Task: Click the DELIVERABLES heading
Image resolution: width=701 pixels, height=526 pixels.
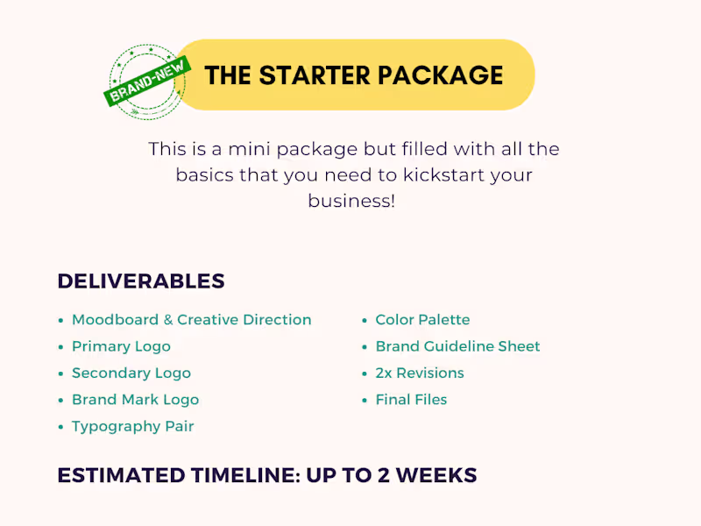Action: coord(141,281)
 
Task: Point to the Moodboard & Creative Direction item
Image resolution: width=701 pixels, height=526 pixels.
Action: coord(191,320)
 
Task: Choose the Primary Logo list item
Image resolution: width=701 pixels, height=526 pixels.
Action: coord(121,346)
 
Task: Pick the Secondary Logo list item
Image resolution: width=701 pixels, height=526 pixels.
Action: coord(131,373)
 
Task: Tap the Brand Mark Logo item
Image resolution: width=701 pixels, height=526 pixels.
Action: coord(135,400)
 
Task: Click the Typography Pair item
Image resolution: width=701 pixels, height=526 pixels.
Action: coord(132,427)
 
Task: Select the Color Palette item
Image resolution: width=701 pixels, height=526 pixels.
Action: coord(422,320)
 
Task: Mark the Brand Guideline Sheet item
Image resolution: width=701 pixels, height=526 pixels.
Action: coord(457,346)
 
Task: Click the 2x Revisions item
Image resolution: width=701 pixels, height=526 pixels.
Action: coord(420,373)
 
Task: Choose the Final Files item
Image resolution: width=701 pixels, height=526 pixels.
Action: coord(411,400)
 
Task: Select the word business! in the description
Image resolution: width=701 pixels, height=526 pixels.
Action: coord(351,201)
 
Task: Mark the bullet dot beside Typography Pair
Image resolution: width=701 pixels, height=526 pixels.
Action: coord(60,428)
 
